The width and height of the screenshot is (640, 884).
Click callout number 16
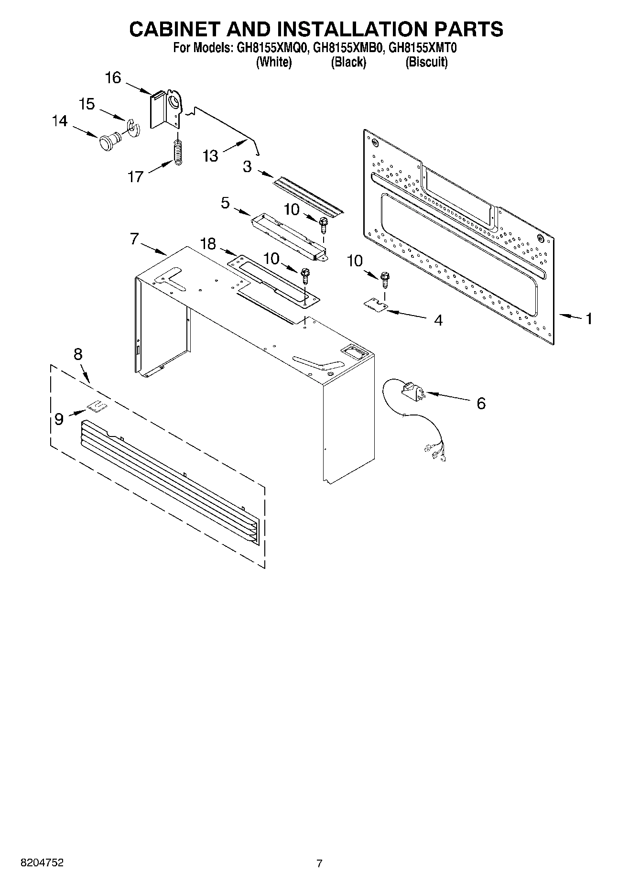(113, 78)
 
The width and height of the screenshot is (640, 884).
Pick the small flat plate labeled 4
(376, 305)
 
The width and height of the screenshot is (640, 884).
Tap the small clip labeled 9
(97, 407)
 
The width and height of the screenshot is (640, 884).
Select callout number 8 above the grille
(78, 354)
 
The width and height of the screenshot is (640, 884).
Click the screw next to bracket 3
(324, 224)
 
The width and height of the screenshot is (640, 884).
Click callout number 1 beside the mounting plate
(589, 318)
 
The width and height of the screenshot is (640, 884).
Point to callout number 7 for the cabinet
(135, 239)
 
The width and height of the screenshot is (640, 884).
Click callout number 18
(208, 244)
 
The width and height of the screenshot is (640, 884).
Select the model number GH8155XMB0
(348, 48)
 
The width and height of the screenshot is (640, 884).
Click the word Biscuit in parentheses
(426, 62)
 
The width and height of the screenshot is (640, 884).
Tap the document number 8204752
(42, 862)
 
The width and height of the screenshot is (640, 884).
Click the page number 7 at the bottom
(319, 863)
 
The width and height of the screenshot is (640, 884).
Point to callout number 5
(225, 203)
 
